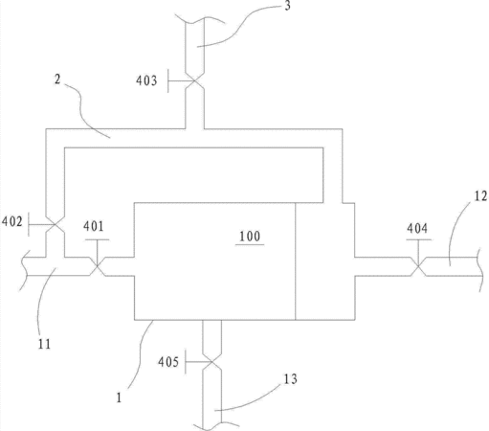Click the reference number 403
[x=146, y=80]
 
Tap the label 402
[x=12, y=221]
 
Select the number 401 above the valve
[x=94, y=226]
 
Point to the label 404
[x=417, y=228]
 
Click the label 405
[x=168, y=362]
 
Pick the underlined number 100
[x=250, y=237]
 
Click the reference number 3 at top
[x=287, y=6]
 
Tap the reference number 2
[x=57, y=79]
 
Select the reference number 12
[x=481, y=195]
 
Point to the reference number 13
[x=291, y=379]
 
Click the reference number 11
[x=44, y=344]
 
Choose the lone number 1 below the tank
[x=119, y=397]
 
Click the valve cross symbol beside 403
[x=194, y=81]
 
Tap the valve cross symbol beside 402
[x=56, y=225]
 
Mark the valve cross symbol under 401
[x=98, y=266]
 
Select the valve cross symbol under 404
[x=418, y=266]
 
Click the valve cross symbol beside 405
[x=211, y=362]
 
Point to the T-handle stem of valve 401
[x=98, y=252]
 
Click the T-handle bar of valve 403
[x=168, y=81]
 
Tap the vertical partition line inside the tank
[x=296, y=261]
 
